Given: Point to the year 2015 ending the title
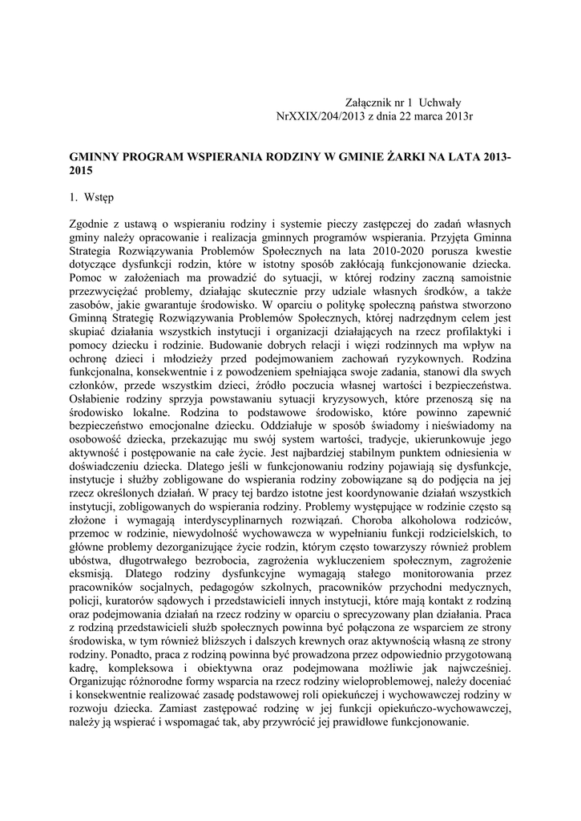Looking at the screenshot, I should click(82, 172).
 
